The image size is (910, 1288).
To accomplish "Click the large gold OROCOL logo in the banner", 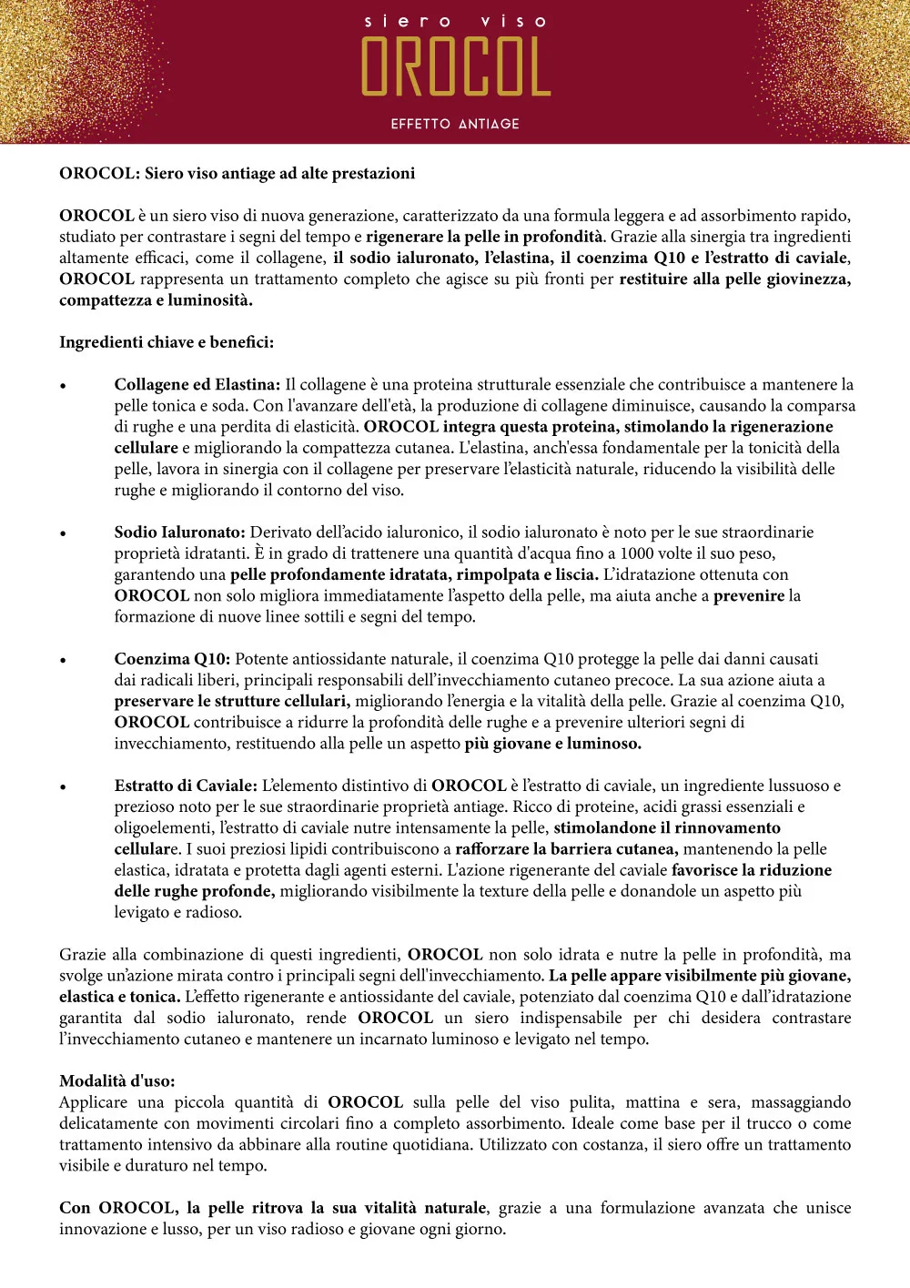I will [456, 67].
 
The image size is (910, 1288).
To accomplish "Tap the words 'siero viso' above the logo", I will [456, 21].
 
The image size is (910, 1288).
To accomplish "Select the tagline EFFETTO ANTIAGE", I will [455, 124].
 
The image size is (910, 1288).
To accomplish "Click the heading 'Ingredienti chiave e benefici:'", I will [167, 342].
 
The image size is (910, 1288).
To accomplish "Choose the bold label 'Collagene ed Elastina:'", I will [197, 384].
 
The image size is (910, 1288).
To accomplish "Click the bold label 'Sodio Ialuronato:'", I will [180, 532].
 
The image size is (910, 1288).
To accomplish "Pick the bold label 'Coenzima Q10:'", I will [172, 658].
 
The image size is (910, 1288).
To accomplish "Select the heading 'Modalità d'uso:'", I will [117, 1080].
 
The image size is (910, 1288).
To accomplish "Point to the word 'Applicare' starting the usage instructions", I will [94, 1102].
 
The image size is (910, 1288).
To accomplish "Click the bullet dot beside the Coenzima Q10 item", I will [63, 660].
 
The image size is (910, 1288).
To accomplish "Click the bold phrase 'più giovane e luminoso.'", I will [552, 743].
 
